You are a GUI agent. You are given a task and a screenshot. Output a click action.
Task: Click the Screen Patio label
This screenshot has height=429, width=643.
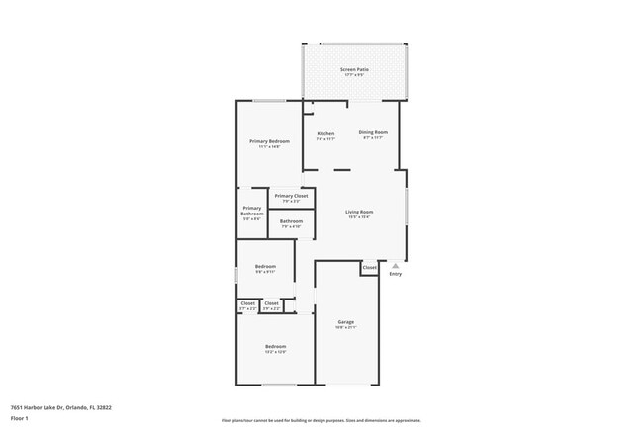[x=354, y=69]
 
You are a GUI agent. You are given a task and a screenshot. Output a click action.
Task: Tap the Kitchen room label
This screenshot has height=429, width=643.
[x=325, y=133]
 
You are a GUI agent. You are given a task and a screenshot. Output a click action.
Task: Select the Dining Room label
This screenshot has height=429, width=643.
[x=373, y=132]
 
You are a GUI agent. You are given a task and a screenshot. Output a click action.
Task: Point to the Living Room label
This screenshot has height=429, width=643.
[x=359, y=213]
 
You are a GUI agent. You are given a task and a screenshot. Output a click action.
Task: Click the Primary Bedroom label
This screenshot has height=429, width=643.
[x=269, y=142]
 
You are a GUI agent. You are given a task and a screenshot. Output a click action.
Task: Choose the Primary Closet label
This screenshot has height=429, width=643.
[x=291, y=196]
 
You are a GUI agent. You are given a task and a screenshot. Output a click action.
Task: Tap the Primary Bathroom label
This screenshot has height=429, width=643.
[x=252, y=211]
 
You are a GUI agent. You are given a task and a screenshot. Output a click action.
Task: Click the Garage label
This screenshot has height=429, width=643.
[x=346, y=322]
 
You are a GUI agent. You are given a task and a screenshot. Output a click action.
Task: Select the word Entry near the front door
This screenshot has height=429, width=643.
[x=396, y=274]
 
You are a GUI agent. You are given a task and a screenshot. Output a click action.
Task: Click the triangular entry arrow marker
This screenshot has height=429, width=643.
[x=396, y=265]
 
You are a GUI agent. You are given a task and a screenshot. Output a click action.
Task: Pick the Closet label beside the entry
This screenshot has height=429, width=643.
[x=369, y=267]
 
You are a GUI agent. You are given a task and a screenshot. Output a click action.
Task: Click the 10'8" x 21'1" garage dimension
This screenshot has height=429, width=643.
[x=346, y=328]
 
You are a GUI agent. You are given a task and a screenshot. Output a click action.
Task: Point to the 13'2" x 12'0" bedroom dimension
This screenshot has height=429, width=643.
[x=275, y=352]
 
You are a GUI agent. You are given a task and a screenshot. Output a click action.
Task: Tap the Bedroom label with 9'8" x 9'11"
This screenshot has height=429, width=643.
[x=265, y=267]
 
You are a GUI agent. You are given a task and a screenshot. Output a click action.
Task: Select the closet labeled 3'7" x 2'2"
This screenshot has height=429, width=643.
[x=247, y=305]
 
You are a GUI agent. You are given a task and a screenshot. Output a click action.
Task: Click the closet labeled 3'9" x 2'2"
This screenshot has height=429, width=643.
[x=271, y=305]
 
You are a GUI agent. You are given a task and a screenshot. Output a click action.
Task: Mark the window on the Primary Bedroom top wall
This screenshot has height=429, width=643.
[x=270, y=100]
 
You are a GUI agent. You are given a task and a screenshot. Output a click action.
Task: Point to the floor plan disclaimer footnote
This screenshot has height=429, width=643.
[x=321, y=420]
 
